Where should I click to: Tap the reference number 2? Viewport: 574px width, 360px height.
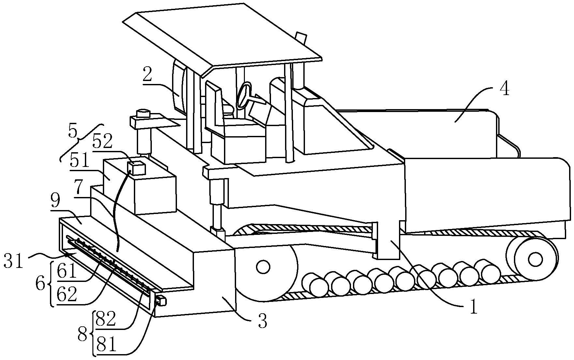(x=147, y=75)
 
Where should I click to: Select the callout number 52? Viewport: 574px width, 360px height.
(x=103, y=141)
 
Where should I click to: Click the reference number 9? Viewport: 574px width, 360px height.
(x=56, y=202)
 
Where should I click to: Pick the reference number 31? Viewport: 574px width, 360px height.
(x=14, y=261)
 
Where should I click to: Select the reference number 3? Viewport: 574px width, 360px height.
(x=262, y=321)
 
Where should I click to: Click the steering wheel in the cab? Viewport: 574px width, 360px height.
(x=244, y=95)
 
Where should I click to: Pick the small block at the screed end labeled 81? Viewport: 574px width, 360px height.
(x=161, y=300)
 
